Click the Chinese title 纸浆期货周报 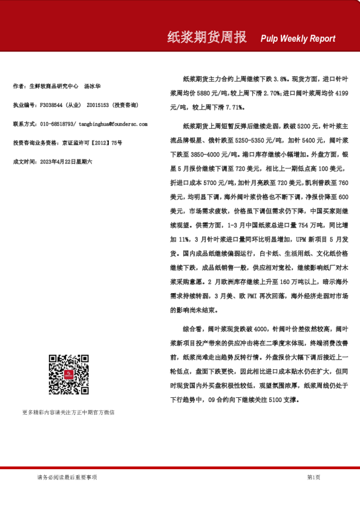(207, 37)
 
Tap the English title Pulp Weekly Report (298, 39)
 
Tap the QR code (65, 375)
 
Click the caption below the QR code (68, 412)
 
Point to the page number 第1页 (313, 478)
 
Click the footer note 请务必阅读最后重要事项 (67, 478)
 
